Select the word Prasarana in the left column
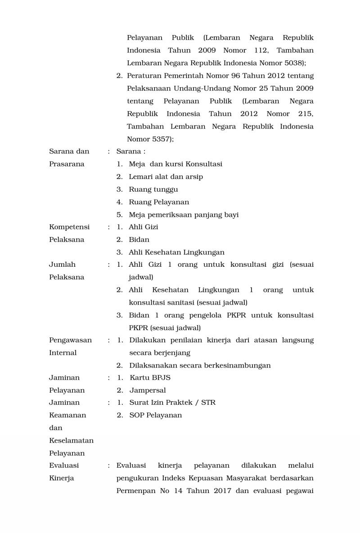coord(67,164)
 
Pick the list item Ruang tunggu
coord(153,189)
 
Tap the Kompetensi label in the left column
coord(69,227)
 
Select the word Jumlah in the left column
coord(62,264)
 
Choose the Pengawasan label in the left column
coord(70,340)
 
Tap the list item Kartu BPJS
coord(150,377)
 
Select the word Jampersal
coord(148,390)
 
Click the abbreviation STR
coord(208,403)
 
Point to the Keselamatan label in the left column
coord(71,440)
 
